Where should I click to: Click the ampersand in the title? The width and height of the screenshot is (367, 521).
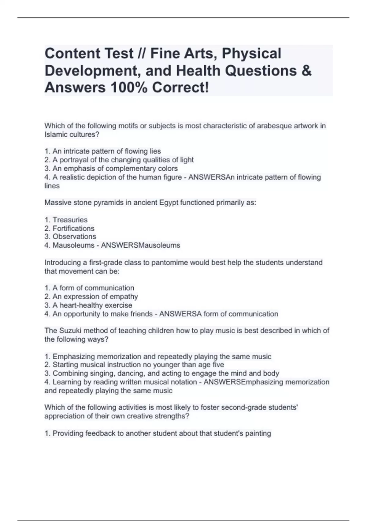(x=306, y=71)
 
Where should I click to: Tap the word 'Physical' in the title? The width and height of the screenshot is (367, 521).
(x=251, y=53)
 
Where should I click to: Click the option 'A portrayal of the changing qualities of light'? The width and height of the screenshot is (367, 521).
(x=123, y=160)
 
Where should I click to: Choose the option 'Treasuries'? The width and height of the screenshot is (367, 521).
(x=70, y=219)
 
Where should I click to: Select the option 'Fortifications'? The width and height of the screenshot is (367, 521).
(x=73, y=228)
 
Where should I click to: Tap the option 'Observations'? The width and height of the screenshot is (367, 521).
(x=74, y=236)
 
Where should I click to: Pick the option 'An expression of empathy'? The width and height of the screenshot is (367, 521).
(x=95, y=296)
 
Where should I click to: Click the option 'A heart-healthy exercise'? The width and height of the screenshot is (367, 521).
(x=92, y=305)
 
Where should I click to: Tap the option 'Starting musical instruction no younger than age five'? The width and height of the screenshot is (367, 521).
(x=138, y=364)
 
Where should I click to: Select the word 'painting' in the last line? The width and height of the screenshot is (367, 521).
(x=258, y=433)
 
